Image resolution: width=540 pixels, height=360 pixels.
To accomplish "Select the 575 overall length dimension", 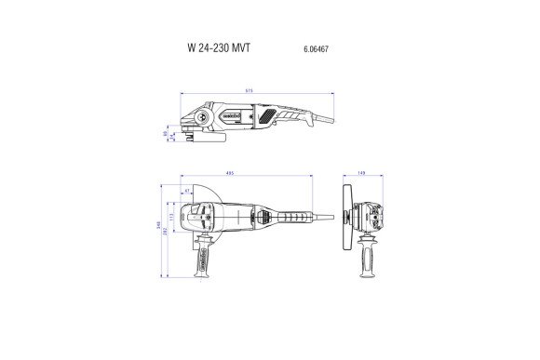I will click(250, 90).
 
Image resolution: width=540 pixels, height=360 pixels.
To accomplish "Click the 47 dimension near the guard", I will click(187, 191).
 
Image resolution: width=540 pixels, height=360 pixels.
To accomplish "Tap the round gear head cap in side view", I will click(198, 116).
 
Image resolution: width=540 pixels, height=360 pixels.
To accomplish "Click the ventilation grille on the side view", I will click(271, 117).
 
